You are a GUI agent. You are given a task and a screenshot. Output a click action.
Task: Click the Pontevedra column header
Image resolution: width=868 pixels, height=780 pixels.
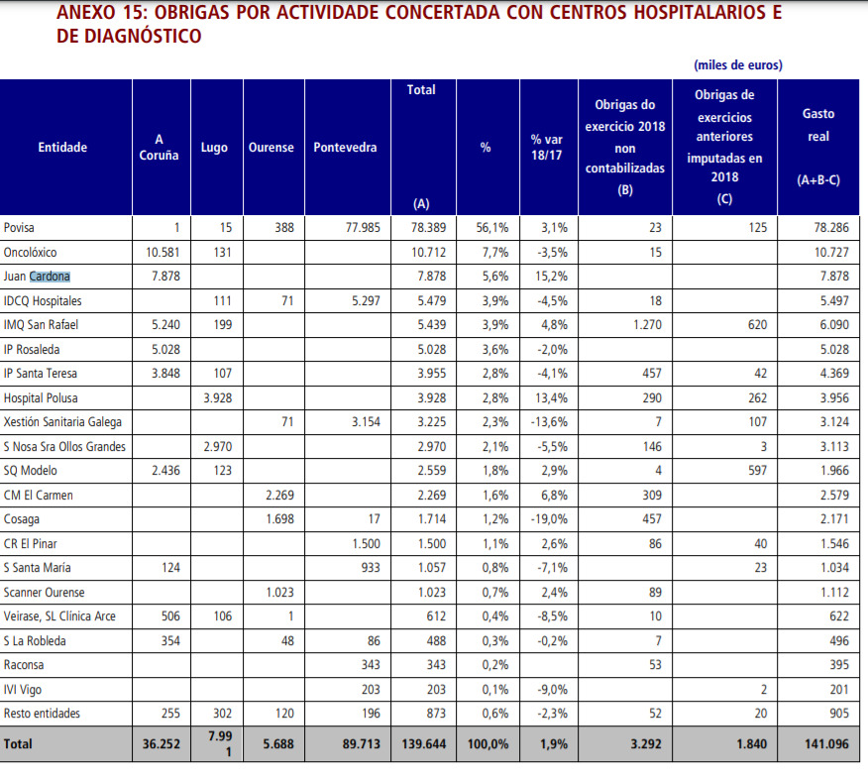coord(345,148)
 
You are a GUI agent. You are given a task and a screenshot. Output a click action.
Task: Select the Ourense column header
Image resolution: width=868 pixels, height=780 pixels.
coord(271,148)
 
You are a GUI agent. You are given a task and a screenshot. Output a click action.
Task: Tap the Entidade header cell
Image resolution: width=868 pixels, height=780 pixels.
coord(62,148)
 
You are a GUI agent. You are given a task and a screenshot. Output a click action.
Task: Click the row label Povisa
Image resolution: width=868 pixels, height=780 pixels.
coord(20,228)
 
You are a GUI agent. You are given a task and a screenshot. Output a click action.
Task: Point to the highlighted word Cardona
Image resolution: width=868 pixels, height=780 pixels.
coord(50,277)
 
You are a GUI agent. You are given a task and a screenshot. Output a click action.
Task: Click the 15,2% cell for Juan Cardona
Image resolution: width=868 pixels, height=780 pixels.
coord(549,277)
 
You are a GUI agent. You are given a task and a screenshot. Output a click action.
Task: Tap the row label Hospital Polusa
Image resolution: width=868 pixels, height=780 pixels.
coord(40,397)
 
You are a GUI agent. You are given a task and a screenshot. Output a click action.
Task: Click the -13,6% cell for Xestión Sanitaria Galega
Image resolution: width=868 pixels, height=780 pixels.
coord(547,422)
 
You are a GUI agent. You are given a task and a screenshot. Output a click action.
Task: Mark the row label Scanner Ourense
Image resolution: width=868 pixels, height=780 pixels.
coord(44,593)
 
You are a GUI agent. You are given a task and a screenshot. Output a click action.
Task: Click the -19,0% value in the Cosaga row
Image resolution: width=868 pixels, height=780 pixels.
coord(547,519)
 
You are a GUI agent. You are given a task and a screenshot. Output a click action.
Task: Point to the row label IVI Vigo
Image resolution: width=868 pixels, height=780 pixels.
coord(24,690)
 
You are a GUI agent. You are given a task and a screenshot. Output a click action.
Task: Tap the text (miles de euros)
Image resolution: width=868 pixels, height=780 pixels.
coord(738,65)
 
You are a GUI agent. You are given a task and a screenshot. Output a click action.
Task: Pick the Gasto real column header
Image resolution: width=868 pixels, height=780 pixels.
coord(817,147)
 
